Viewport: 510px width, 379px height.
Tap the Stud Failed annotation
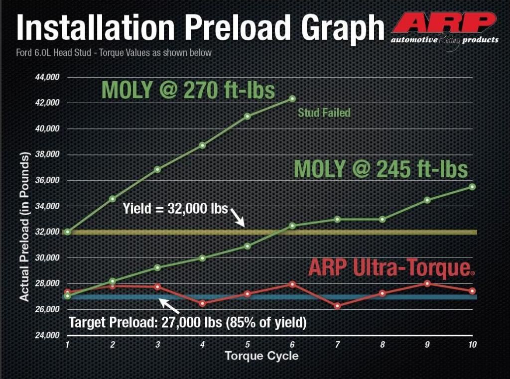324,113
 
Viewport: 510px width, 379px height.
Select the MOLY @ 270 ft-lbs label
188,91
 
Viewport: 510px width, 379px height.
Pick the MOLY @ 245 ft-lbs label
381,169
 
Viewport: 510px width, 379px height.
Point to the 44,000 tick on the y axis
47,77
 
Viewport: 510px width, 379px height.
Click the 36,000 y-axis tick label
47,180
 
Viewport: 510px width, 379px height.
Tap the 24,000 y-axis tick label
47,335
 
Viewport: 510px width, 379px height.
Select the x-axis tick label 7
337,345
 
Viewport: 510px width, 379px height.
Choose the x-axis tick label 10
472,345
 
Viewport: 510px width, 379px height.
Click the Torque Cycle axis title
261,356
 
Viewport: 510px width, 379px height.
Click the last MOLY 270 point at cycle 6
292,99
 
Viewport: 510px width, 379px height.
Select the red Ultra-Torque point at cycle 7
337,306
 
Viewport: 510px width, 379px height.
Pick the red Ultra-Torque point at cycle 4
202,303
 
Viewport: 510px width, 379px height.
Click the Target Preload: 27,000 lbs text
187,323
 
